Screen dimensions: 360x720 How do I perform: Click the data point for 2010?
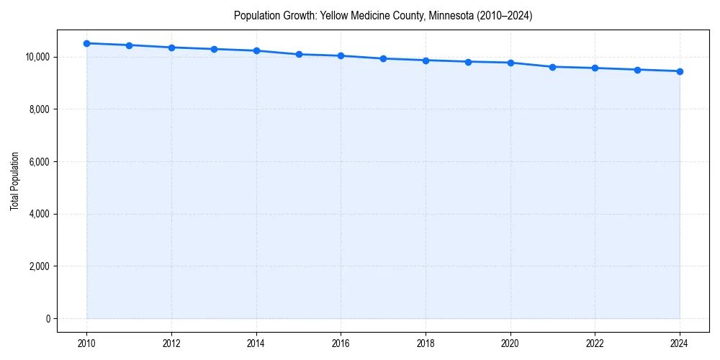86,43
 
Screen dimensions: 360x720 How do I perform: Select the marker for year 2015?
299,54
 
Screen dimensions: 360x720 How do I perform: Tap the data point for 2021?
553,67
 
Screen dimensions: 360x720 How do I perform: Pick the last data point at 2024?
680,71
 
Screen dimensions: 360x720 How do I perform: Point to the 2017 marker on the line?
383,58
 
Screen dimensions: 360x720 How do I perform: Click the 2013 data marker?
214,49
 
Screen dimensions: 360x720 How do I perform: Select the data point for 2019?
468,62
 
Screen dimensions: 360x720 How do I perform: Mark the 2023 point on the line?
637,70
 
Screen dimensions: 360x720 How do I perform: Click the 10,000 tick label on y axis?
36,57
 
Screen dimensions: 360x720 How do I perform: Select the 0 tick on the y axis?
47,319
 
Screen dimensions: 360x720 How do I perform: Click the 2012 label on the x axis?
171,343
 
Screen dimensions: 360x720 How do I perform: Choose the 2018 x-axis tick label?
426,343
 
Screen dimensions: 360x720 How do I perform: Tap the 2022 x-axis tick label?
595,343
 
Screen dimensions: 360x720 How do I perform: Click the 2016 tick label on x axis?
341,343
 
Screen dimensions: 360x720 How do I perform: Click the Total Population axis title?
14,181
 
